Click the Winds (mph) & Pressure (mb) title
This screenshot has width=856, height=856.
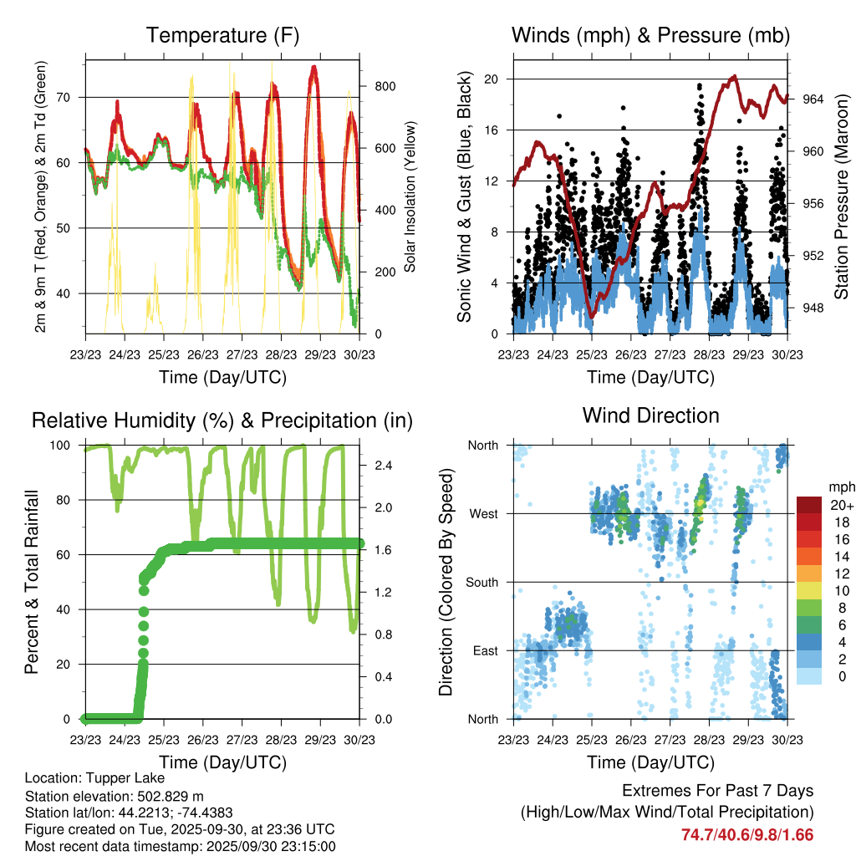[650, 36]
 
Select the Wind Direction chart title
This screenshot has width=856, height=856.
[650, 415]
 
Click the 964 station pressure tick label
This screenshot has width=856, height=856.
[813, 99]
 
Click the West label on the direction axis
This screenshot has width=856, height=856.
[482, 514]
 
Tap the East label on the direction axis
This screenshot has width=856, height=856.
[484, 650]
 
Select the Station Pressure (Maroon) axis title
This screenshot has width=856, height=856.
[841, 197]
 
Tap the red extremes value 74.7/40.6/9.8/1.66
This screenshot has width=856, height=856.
[747, 835]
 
